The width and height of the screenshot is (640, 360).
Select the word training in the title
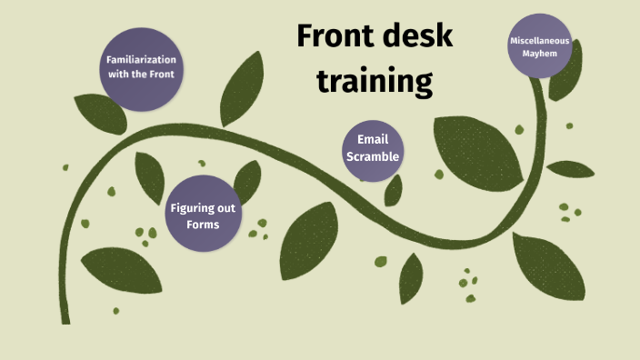coord(374,81)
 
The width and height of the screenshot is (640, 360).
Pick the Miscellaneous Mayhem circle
coord(546,46)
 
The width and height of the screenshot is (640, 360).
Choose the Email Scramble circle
coord(373,147)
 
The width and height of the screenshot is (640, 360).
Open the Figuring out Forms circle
coord(203,215)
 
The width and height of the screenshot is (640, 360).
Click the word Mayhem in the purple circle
coord(546,54)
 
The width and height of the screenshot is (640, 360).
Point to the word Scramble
coord(373,155)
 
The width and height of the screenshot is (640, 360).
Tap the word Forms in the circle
coord(203,224)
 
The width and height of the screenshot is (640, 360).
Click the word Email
coord(373,139)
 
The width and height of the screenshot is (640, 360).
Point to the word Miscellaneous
coord(546,40)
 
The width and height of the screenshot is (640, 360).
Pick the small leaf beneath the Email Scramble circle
coord(394,190)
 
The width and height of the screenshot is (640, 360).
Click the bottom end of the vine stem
coord(65,318)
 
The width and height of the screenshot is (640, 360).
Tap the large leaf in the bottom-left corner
coord(121,274)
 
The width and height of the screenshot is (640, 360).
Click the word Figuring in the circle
coord(203,207)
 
